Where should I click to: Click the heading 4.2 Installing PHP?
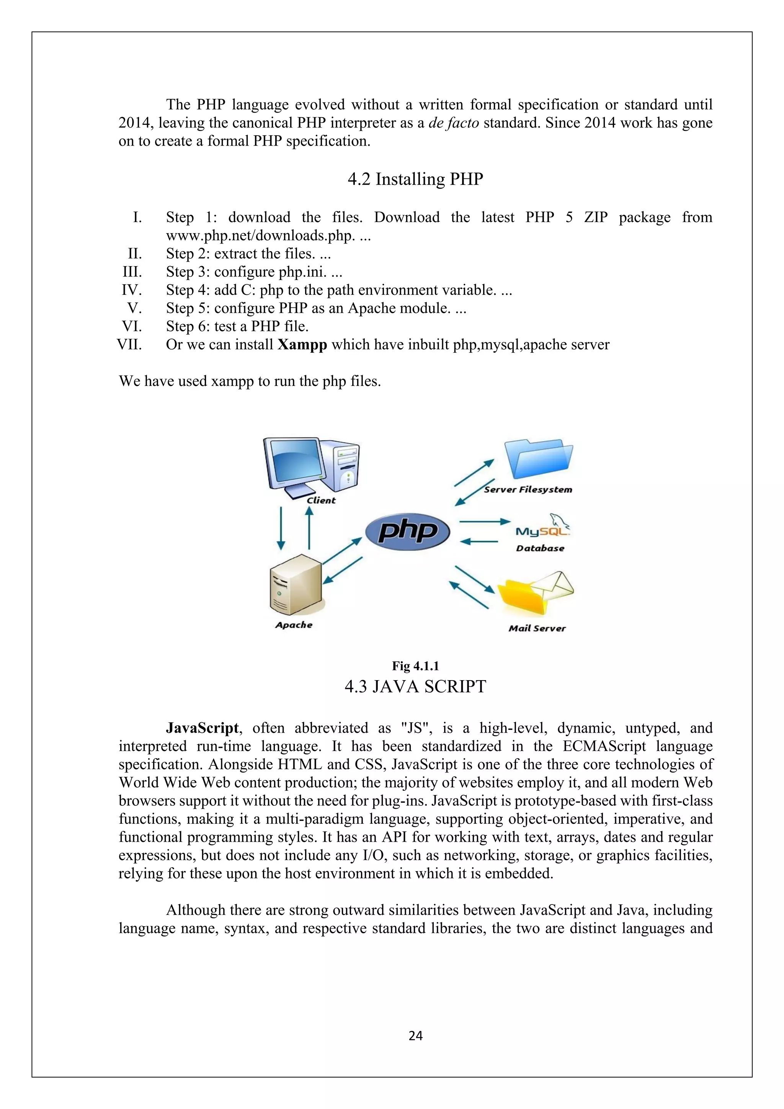click(x=415, y=179)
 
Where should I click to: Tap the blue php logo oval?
click(x=407, y=531)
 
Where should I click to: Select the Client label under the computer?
click(x=321, y=501)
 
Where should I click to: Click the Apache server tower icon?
click(x=296, y=586)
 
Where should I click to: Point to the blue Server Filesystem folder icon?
click(x=538, y=458)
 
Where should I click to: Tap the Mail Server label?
click(x=537, y=628)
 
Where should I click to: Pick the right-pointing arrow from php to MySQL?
click(x=484, y=522)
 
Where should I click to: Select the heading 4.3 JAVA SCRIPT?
click(x=415, y=686)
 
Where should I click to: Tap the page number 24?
click(x=415, y=1035)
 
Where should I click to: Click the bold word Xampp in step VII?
click(x=302, y=345)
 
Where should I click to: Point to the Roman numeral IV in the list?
click(x=131, y=290)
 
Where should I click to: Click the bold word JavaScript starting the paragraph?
click(x=202, y=728)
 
